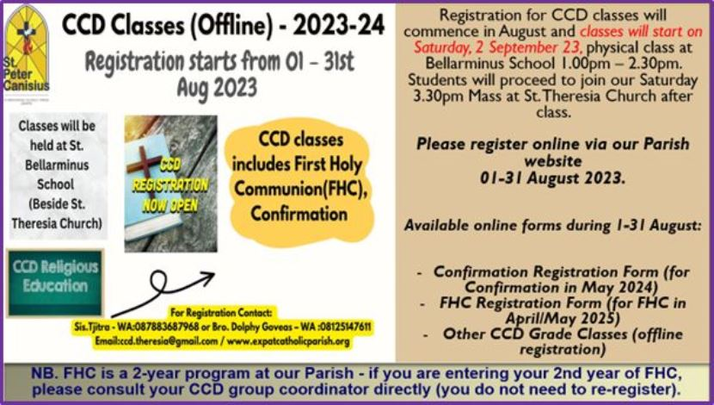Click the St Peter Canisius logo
tap(26, 49)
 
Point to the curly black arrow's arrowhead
tap(209, 278)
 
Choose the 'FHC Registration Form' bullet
tap(561, 310)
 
